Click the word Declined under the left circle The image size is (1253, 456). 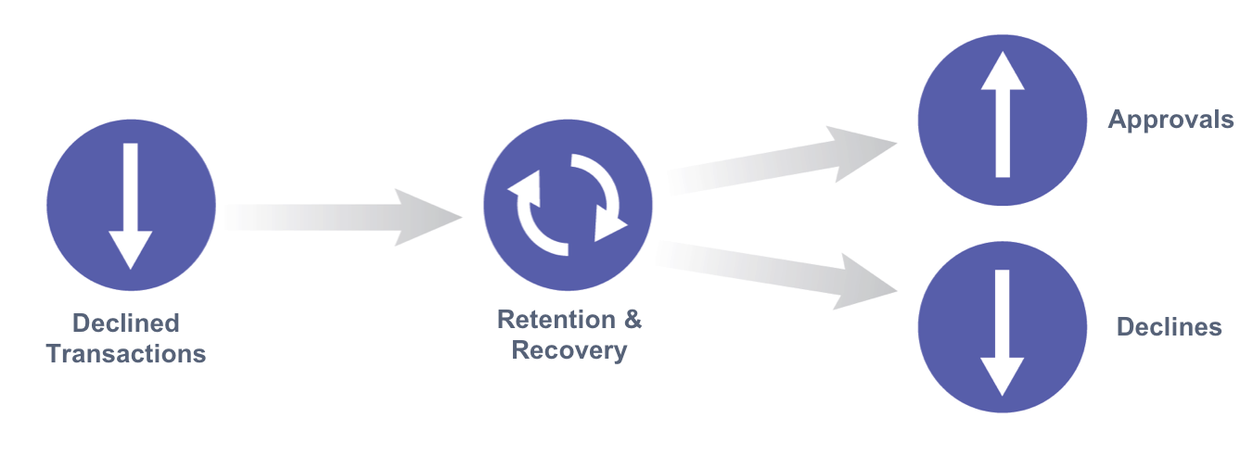126,323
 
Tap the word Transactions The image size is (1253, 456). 126,354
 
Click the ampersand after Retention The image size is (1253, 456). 633,319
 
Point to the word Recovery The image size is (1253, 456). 569,351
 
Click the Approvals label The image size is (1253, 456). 1170,120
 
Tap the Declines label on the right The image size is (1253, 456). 1170,327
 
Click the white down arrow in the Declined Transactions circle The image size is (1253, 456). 131,206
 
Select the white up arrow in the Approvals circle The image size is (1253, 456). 1003,115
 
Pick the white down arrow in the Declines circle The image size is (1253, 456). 1003,333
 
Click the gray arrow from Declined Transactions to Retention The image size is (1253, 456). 343,218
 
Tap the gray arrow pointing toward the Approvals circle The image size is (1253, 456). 783,160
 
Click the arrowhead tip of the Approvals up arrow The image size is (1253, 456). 1003,52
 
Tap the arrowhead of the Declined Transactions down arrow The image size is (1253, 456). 131,250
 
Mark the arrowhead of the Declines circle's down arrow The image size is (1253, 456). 1003,377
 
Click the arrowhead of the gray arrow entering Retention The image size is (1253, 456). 428,218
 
